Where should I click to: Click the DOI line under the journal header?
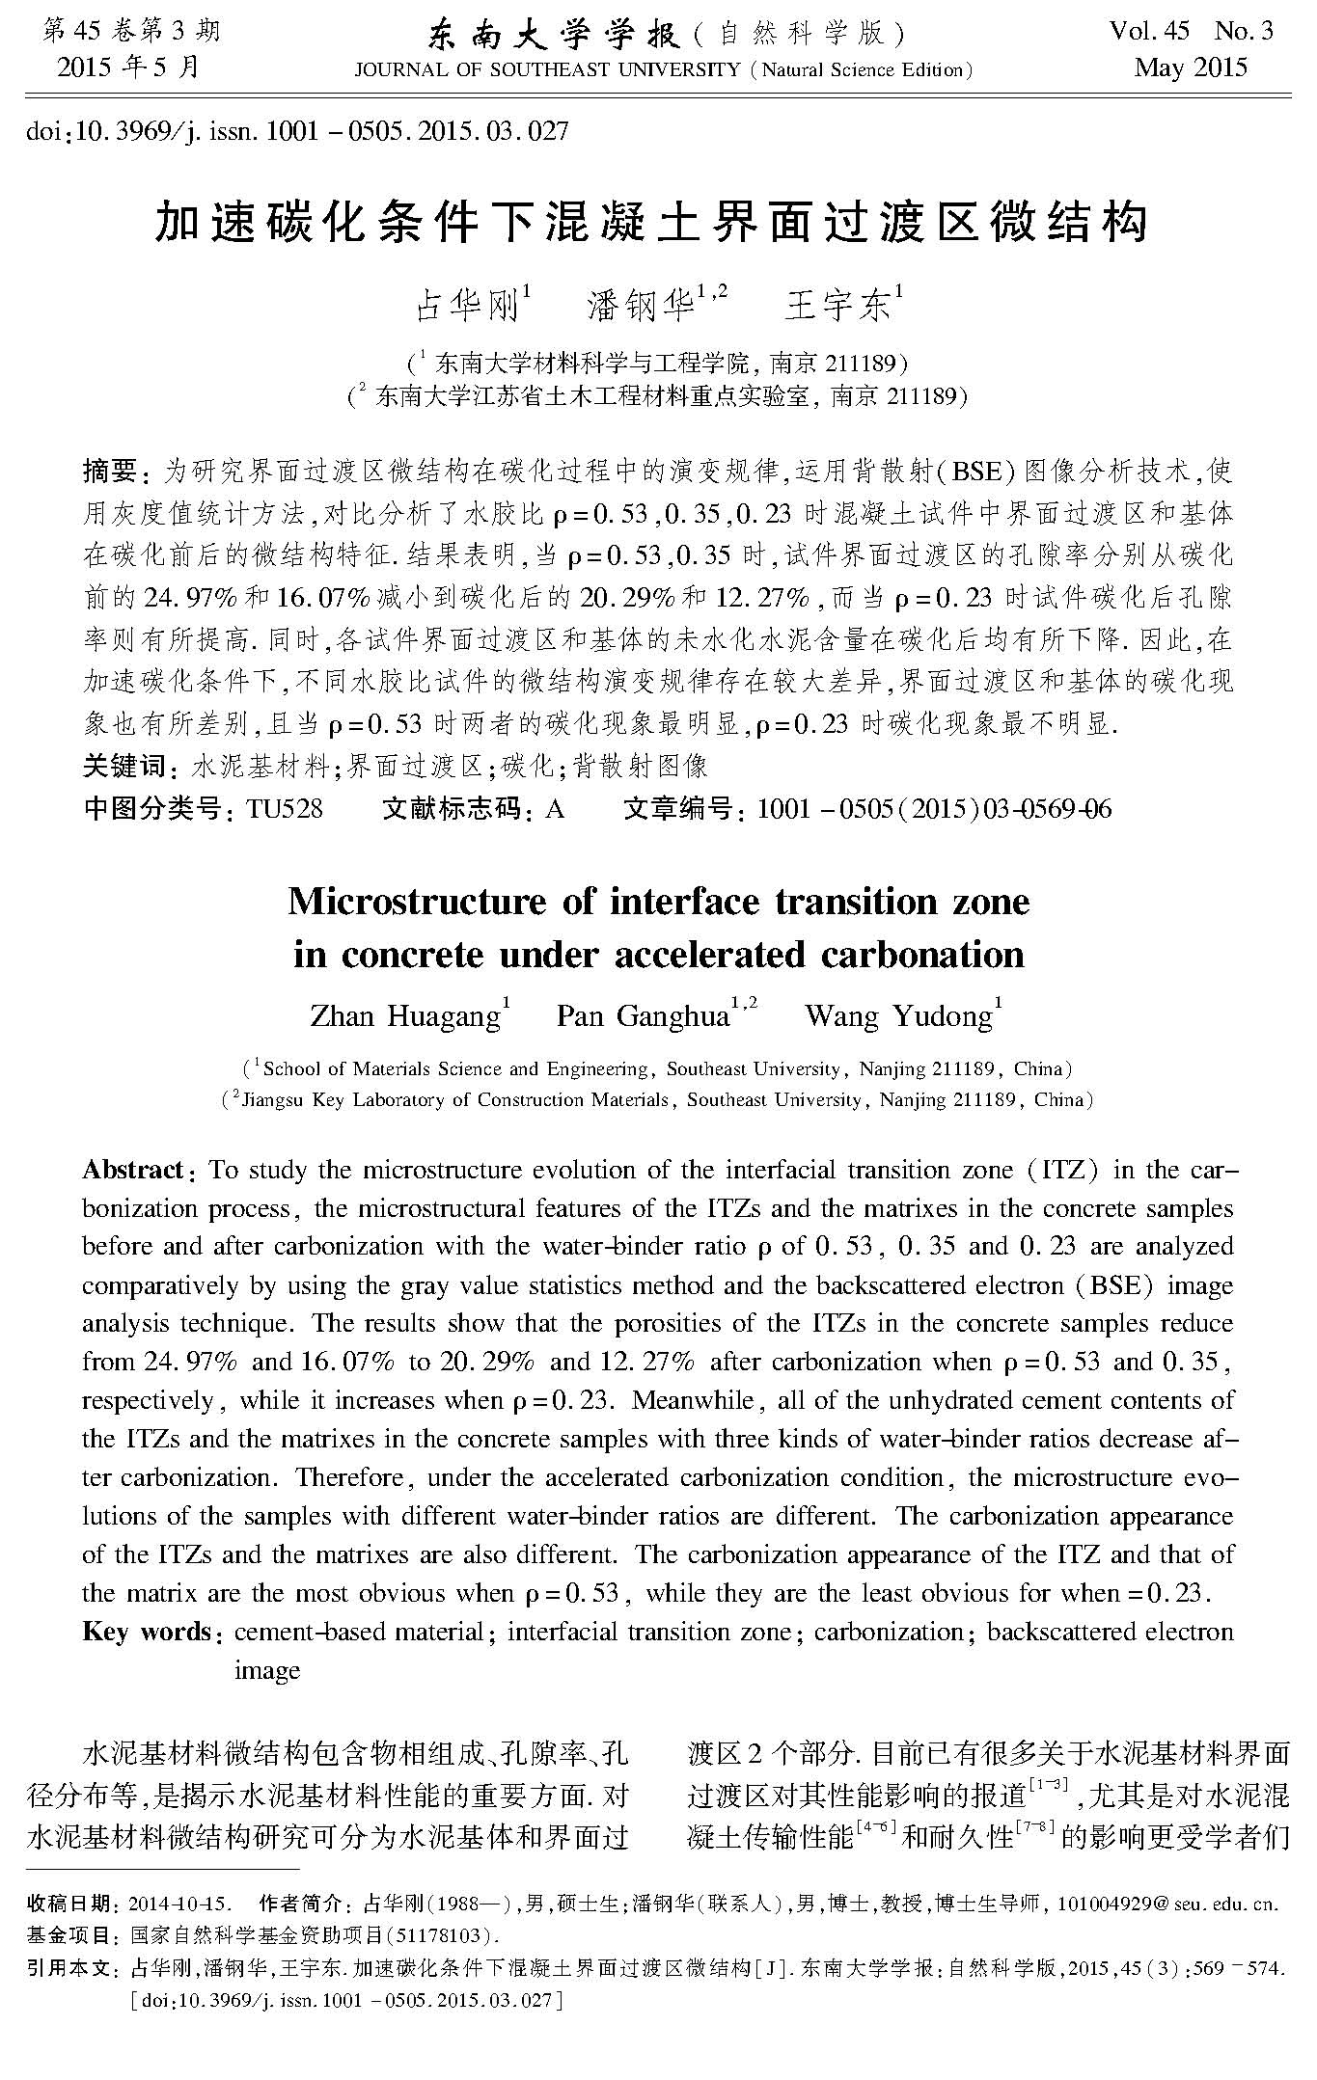(x=299, y=130)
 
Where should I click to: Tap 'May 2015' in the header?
(x=1191, y=68)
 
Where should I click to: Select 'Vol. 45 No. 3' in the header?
(x=1191, y=32)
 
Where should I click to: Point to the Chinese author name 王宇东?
(x=837, y=306)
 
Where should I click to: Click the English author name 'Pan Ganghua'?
(x=643, y=1016)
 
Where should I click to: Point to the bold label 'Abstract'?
(x=132, y=1171)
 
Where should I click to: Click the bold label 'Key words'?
(x=147, y=1632)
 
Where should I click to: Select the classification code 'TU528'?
(x=285, y=808)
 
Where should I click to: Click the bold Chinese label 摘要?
(x=110, y=472)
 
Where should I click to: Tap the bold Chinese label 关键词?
(x=124, y=767)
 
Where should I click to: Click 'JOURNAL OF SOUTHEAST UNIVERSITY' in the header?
(x=547, y=70)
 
